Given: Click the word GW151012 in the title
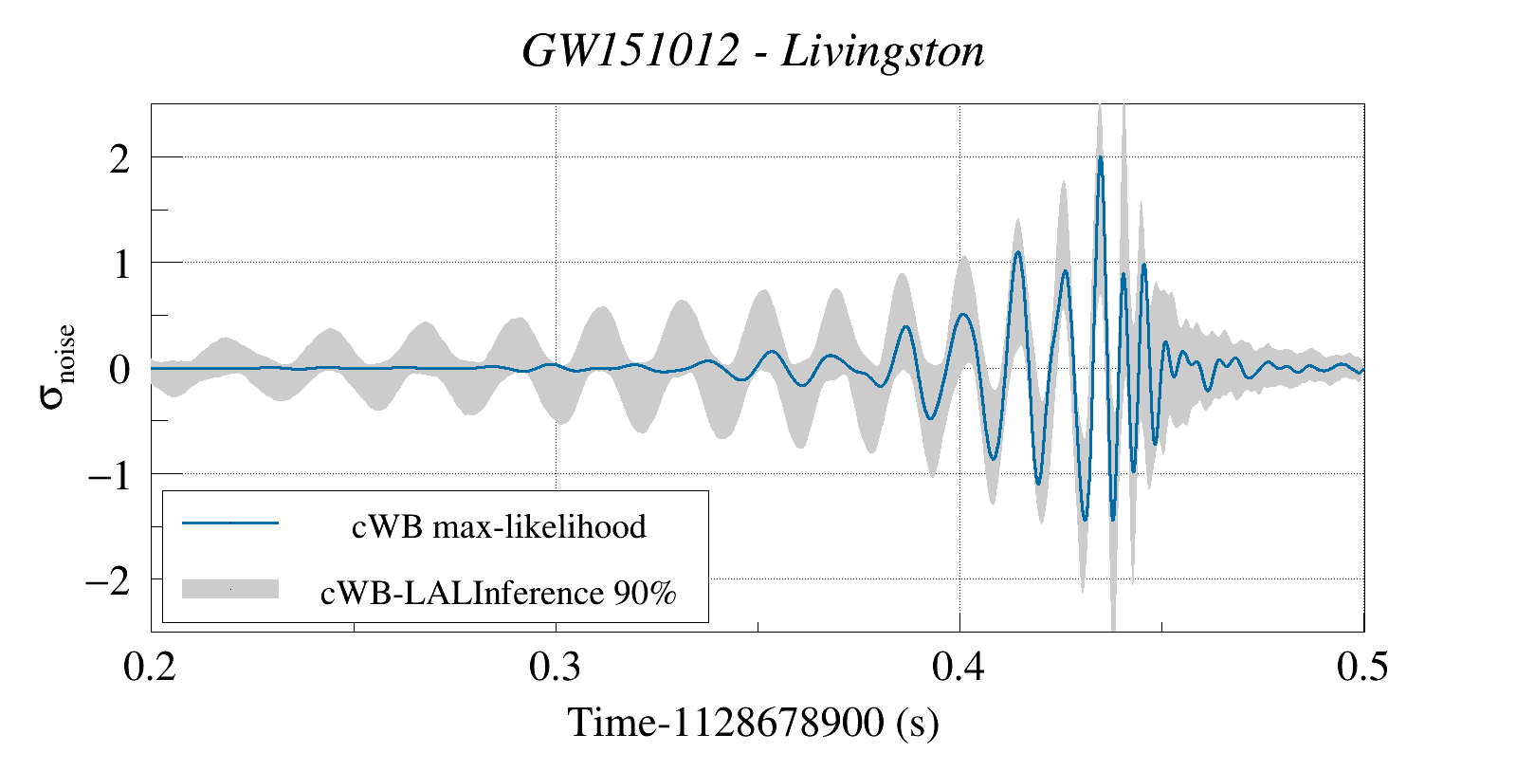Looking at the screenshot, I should click(x=630, y=50).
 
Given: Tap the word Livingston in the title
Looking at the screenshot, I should click(x=883, y=50).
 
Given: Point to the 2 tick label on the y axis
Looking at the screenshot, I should click(x=119, y=158).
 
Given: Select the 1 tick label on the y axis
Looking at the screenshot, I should click(x=120, y=264).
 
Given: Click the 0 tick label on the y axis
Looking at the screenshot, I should click(x=119, y=369).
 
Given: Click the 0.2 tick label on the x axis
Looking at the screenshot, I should click(x=150, y=667).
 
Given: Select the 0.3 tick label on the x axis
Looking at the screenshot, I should click(x=555, y=667).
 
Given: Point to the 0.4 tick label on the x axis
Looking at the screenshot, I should click(x=959, y=667).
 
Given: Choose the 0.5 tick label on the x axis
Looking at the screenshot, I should click(x=1362, y=667).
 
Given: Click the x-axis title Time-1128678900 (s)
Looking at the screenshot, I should click(x=753, y=723).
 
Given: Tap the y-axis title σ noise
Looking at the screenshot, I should click(x=58, y=366).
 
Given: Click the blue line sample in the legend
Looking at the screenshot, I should click(x=230, y=523).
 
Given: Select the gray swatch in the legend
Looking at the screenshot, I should click(x=230, y=589).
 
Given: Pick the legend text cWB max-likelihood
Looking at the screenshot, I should click(x=499, y=526).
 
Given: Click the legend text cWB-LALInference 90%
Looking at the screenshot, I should click(x=499, y=593).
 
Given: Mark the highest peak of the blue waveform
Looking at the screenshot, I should click(x=1100, y=158).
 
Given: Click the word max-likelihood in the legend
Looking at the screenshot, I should click(x=539, y=526).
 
